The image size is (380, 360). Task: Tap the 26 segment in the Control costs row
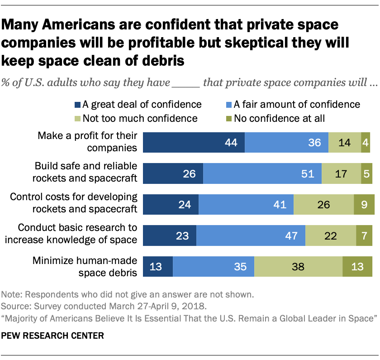pyautogui.click(x=323, y=204)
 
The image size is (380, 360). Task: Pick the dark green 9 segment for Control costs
pyautogui.click(x=364, y=204)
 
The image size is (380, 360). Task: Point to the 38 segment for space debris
pyautogui.click(x=298, y=266)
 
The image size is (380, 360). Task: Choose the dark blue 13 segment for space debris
pyautogui.click(x=158, y=266)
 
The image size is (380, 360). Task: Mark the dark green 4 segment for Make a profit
pyautogui.click(x=366, y=142)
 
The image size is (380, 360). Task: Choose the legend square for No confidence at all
pyautogui.click(x=229, y=119)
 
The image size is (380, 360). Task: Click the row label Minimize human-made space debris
pyautogui.click(x=85, y=267)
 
